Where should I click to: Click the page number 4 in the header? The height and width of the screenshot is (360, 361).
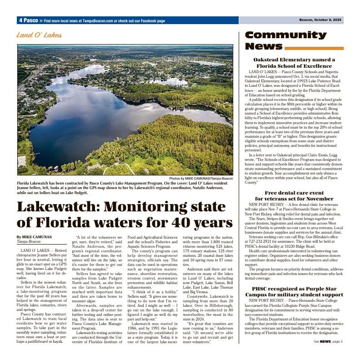[x=21, y=20]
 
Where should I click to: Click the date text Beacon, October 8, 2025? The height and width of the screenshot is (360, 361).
[x=321, y=20]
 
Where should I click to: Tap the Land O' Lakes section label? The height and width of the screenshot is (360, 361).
[x=39, y=35]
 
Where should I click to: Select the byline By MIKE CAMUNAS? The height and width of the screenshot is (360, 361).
[x=34, y=237]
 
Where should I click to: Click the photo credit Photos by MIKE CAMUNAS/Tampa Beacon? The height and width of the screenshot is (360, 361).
[x=201, y=179]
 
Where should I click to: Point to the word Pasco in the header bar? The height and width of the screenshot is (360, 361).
[x=31, y=20]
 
